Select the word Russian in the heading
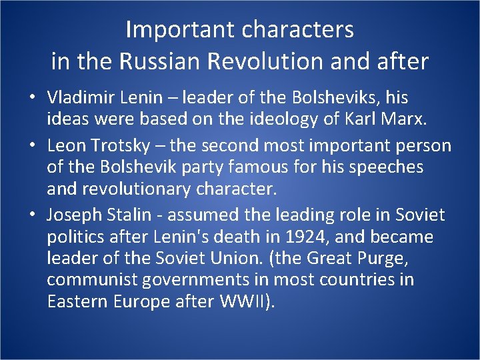pyautogui.click(x=163, y=61)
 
